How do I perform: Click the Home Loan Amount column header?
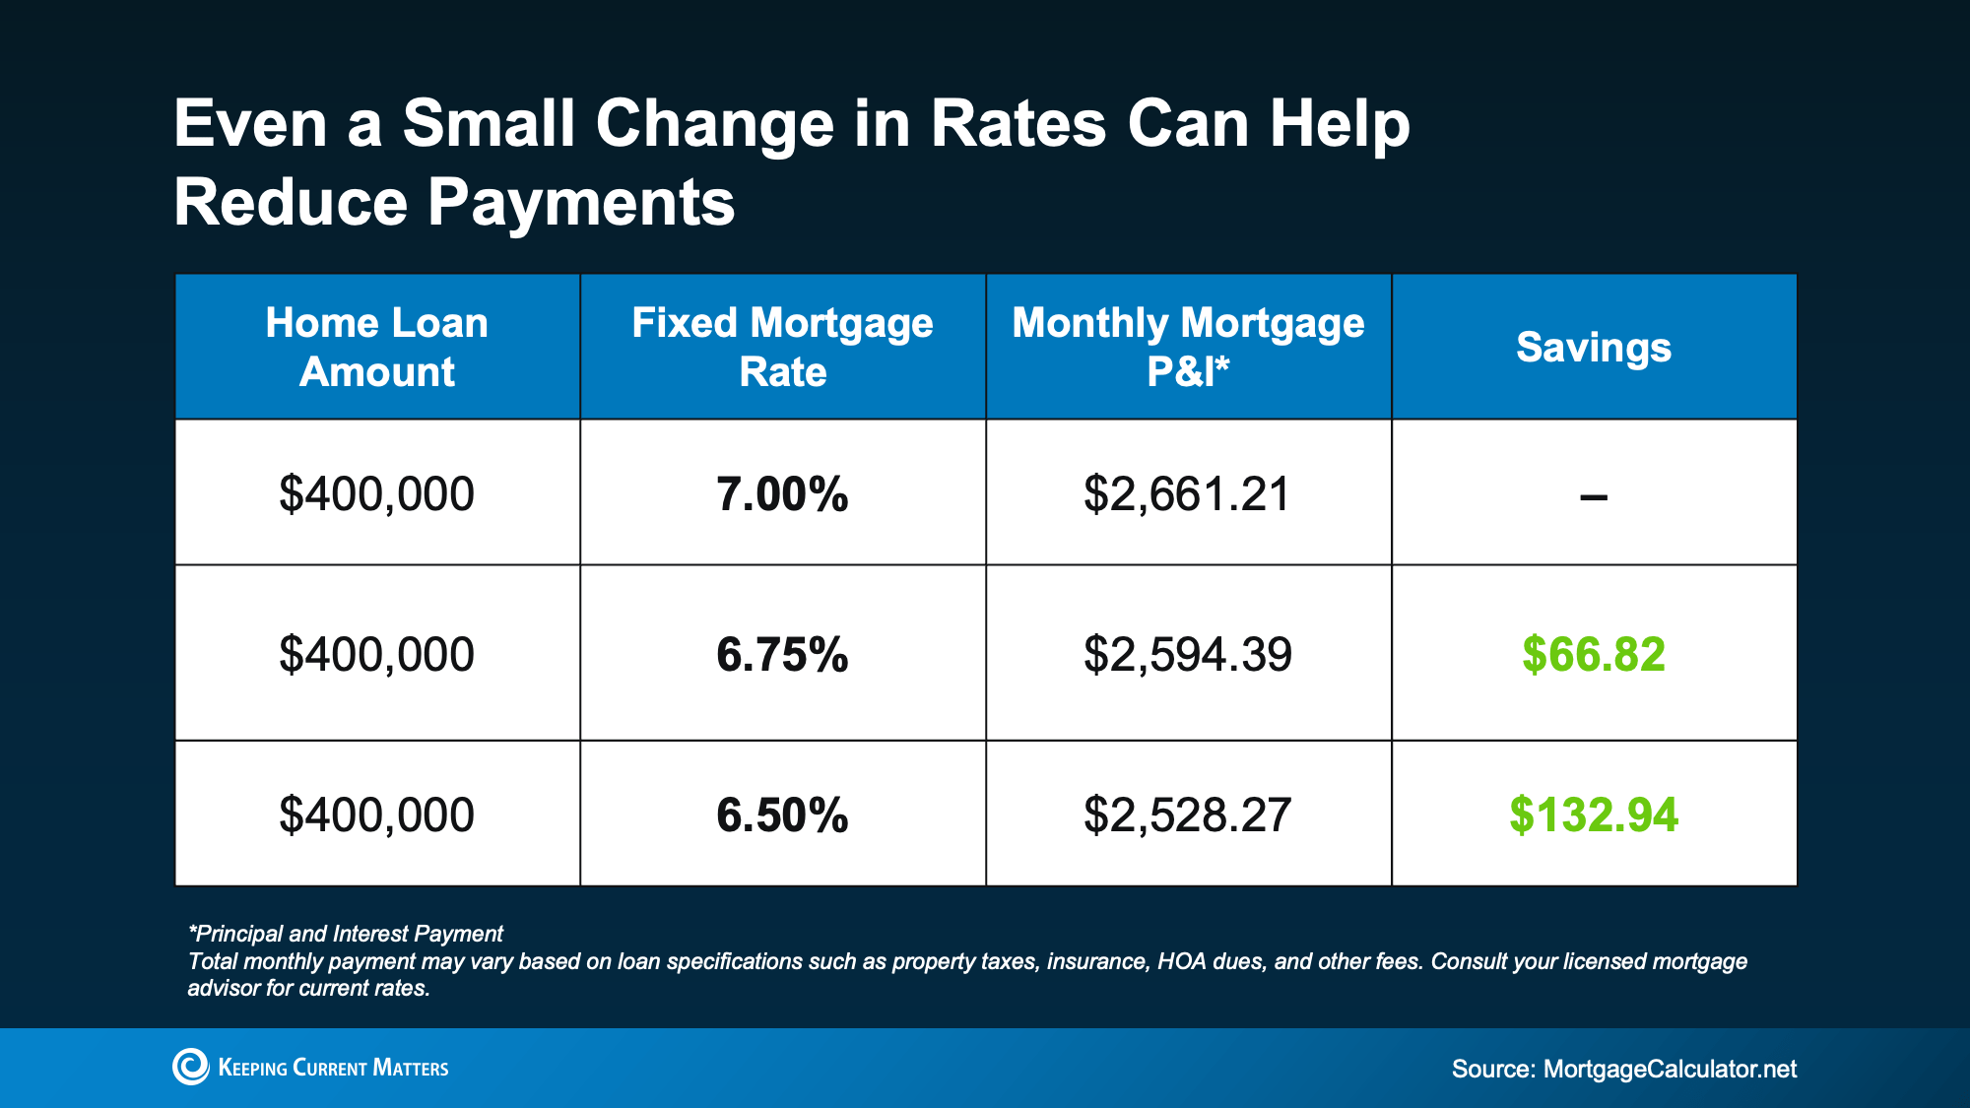[x=377, y=347]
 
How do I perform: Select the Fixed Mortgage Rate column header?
[x=782, y=347]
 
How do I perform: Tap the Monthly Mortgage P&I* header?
[x=1188, y=347]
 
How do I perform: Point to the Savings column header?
[x=1594, y=348]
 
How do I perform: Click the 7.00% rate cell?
[x=782, y=493]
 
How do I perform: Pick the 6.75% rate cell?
[x=782, y=654]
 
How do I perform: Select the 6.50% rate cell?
[x=782, y=815]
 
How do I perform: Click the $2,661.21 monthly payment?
[x=1187, y=493]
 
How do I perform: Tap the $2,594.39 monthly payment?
[x=1187, y=654]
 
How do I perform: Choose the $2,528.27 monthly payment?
[x=1187, y=815]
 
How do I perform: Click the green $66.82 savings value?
[x=1594, y=654]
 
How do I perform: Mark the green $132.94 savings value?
[x=1594, y=815]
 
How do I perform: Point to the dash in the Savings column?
[x=1594, y=497]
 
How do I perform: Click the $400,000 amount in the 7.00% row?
[x=376, y=493]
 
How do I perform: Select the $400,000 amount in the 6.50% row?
[x=376, y=815]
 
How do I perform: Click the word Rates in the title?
[x=1018, y=124]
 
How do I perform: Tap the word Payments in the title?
[x=581, y=203]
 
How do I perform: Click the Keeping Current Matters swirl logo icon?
[x=191, y=1067]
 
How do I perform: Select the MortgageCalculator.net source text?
[x=1670, y=1069]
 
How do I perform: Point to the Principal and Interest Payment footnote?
[x=346, y=934]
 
